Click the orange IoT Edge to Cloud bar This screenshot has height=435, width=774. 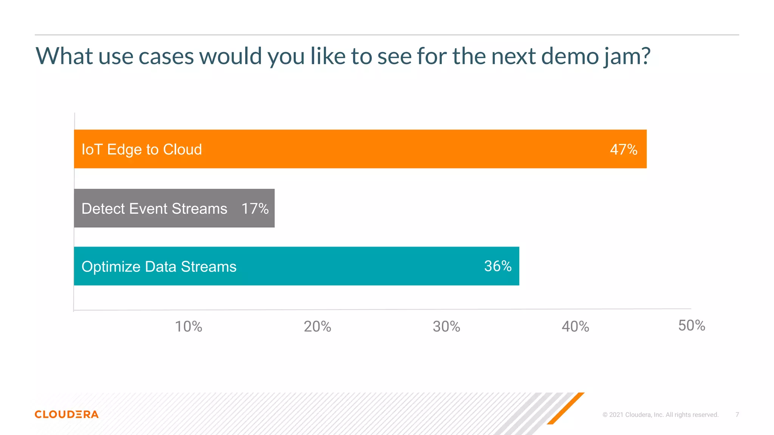pos(378,149)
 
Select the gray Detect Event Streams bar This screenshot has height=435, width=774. pos(174,208)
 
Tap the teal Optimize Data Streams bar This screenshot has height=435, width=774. pos(340,266)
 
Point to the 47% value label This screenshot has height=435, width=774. pos(624,150)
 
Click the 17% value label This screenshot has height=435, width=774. pos(255,208)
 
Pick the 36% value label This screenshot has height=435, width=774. pos(498,266)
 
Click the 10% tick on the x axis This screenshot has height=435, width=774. pos(189,327)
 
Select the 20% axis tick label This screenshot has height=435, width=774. pos(317,327)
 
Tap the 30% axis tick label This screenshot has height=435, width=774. pos(446,327)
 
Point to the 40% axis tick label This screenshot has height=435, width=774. pos(575,327)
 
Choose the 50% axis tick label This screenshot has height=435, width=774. pos(692,325)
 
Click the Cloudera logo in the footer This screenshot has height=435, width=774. pos(67,414)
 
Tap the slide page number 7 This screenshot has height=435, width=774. pos(737,415)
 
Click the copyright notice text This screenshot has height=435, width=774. pos(660,415)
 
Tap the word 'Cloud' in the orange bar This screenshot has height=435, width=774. pos(183,150)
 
